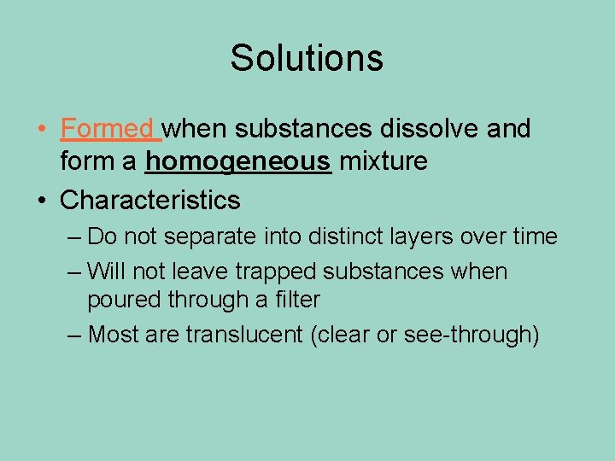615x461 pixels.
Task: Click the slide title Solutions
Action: coord(307,58)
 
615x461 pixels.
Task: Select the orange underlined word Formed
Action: coord(106,130)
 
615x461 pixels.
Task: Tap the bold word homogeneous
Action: coord(238,160)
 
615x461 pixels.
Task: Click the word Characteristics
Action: coord(150,201)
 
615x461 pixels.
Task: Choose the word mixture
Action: coord(384,160)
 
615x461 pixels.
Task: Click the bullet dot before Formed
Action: coord(42,130)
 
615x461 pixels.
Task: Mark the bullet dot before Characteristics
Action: coord(42,201)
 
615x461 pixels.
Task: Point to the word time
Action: coord(535,236)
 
